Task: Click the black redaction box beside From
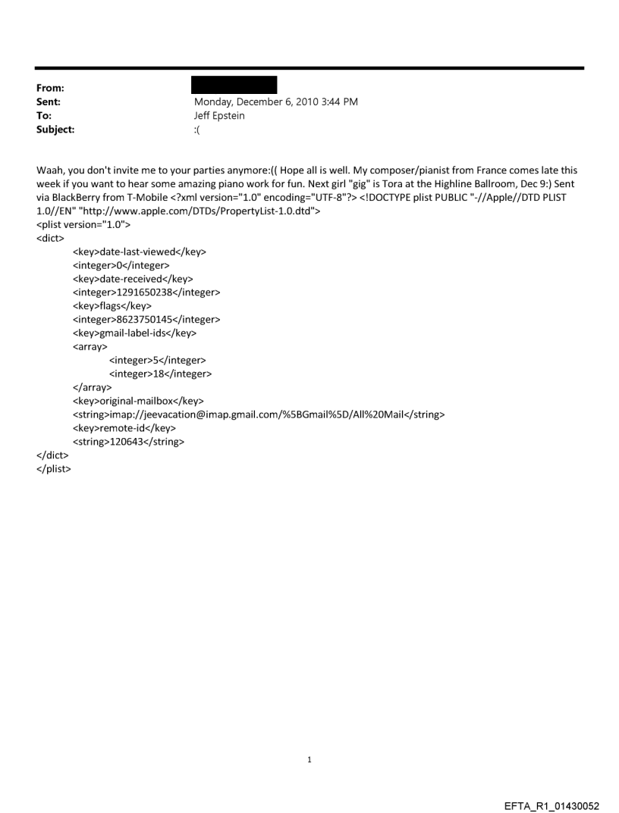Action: click(235, 84)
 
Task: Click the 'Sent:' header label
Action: click(49, 102)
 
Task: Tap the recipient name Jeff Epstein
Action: click(219, 115)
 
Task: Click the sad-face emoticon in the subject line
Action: click(198, 130)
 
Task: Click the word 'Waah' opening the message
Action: click(50, 170)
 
